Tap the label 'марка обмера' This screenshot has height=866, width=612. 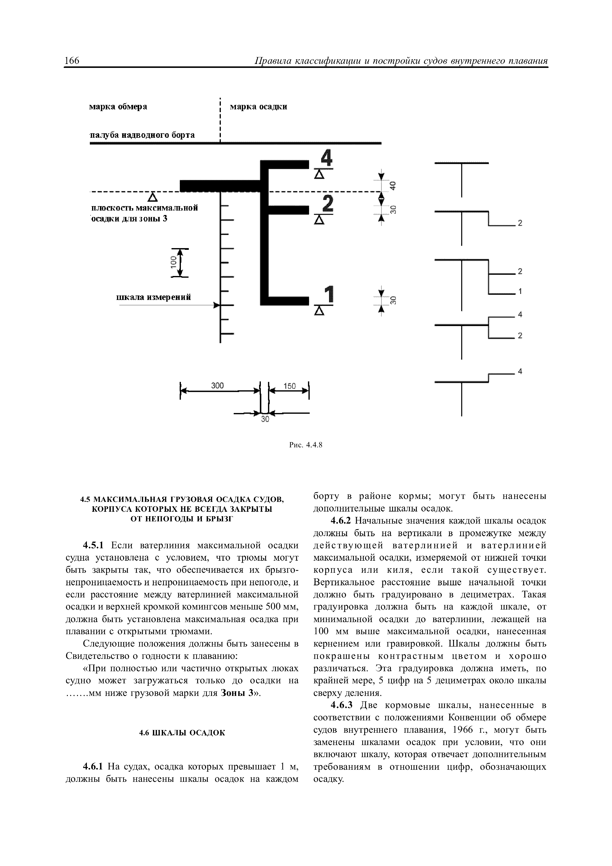pos(118,107)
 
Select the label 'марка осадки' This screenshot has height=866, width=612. pos(258,107)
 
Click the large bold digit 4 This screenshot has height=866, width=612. pos(326,158)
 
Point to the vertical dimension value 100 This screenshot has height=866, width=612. pos(173,262)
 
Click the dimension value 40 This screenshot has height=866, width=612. pos(393,186)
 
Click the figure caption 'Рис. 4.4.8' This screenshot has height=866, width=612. pos(306,445)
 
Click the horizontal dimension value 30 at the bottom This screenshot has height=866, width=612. pos(265,419)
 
